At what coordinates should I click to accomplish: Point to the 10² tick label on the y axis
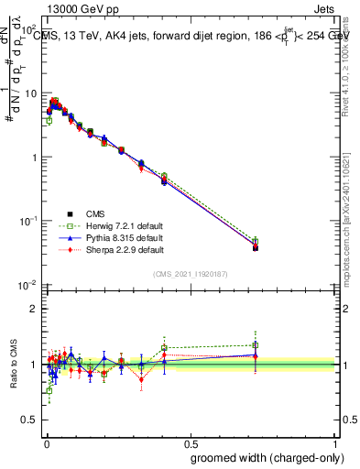tap(29, 30)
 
